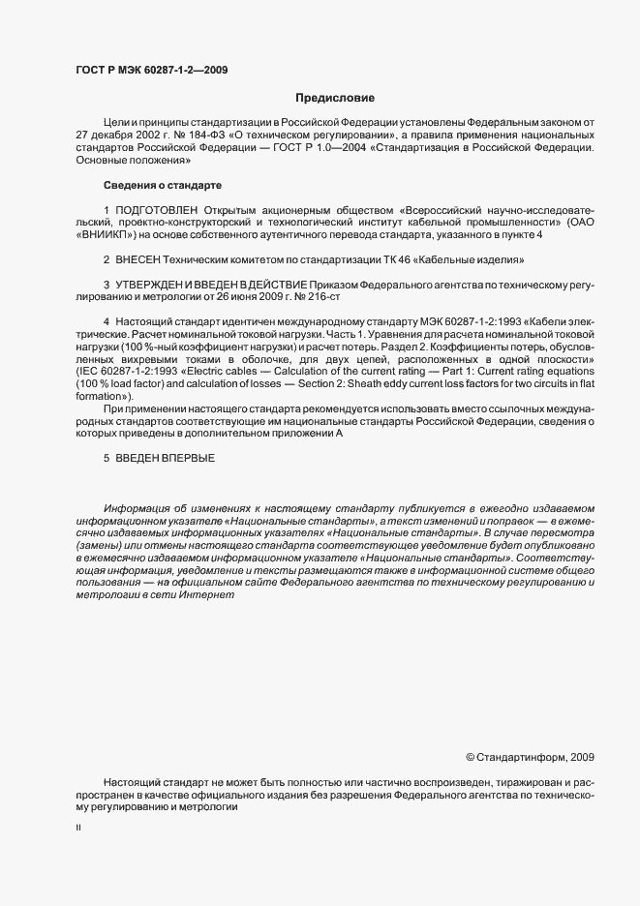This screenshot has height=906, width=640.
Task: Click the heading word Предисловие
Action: coord(334,98)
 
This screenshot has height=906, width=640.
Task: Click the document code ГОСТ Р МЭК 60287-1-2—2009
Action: coord(151,71)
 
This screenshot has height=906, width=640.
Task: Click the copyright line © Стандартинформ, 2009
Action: coord(530,757)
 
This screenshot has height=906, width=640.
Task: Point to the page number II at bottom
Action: coord(78,828)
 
